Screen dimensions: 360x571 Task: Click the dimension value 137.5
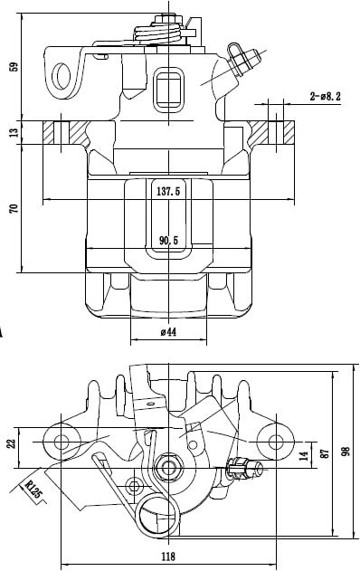click(x=168, y=192)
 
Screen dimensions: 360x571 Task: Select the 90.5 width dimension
click(x=169, y=241)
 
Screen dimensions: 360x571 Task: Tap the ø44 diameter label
click(x=168, y=332)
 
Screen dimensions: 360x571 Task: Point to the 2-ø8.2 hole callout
click(x=325, y=97)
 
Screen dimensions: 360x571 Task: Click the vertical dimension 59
click(x=14, y=67)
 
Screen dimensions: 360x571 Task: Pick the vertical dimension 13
click(x=14, y=132)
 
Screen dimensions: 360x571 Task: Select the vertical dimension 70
click(x=14, y=209)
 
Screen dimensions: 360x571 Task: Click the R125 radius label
click(x=33, y=489)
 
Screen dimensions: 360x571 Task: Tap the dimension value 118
click(x=168, y=557)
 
